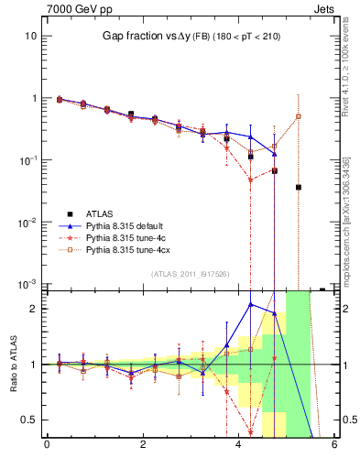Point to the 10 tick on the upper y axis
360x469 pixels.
click(30, 36)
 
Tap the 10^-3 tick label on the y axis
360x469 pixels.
click(27, 285)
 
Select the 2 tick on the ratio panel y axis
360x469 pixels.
click(33, 309)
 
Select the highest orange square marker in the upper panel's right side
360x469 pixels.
click(298, 116)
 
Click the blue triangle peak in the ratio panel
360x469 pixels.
click(250, 304)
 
